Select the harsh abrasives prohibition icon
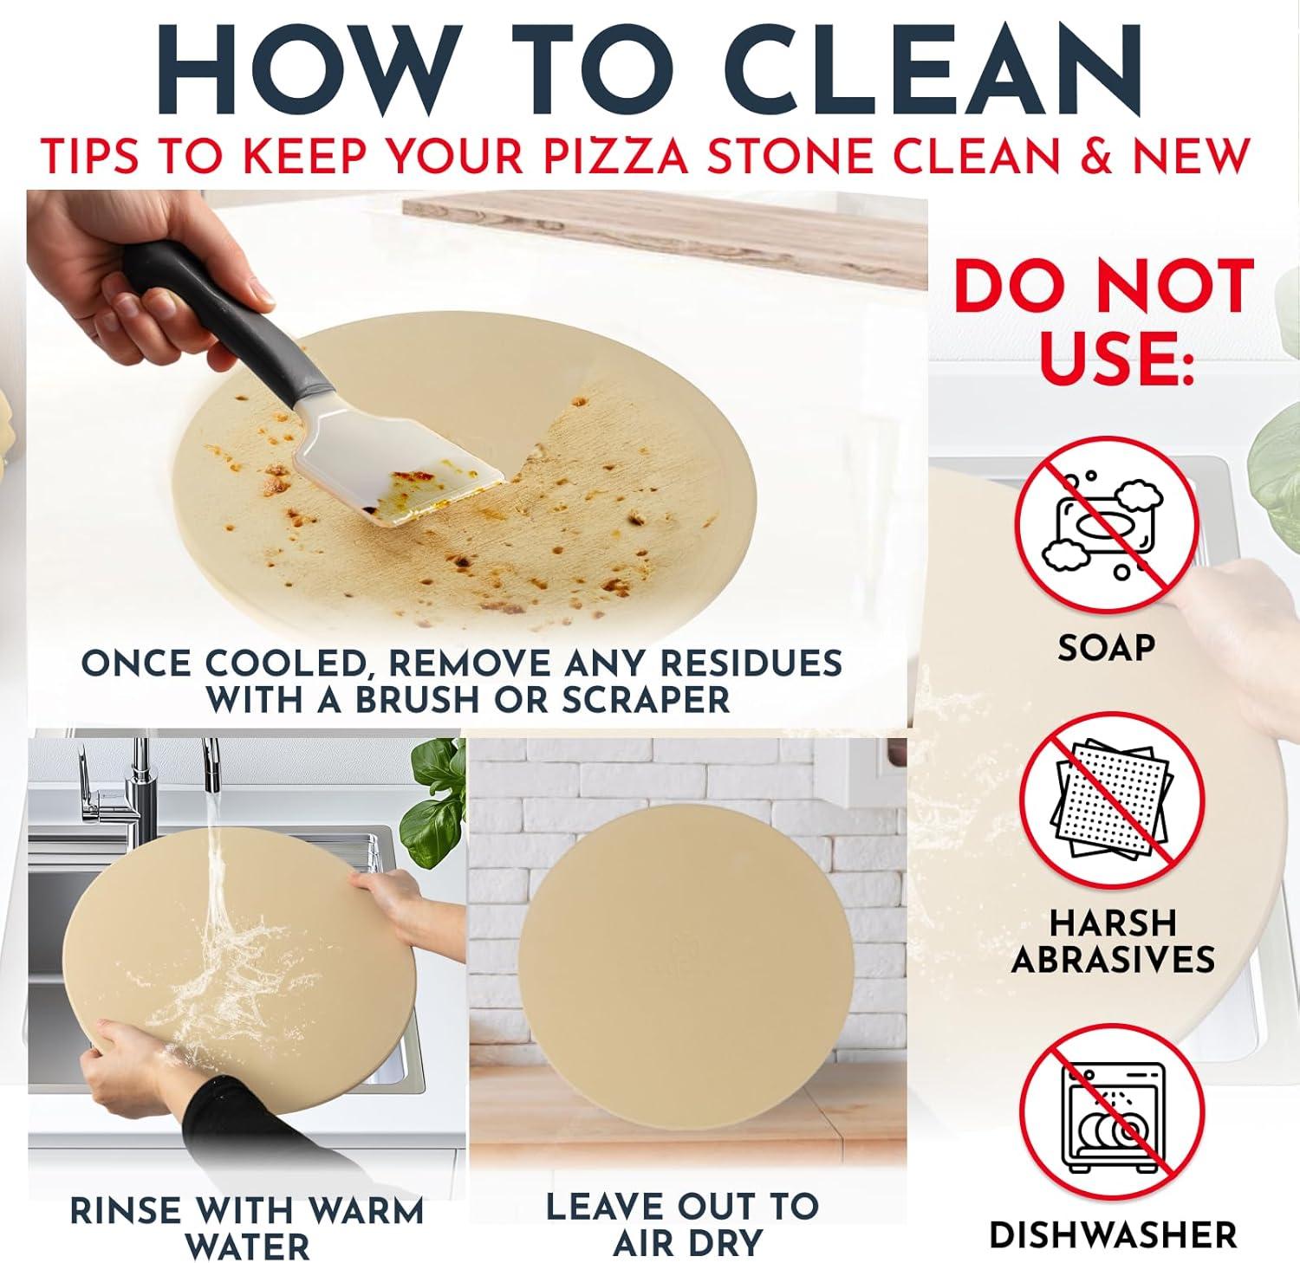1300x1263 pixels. [1111, 801]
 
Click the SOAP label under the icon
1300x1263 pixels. [1106, 647]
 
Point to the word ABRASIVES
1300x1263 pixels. [1113, 960]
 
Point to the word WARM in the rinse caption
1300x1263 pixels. [357, 1210]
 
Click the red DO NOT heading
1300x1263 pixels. [1104, 287]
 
